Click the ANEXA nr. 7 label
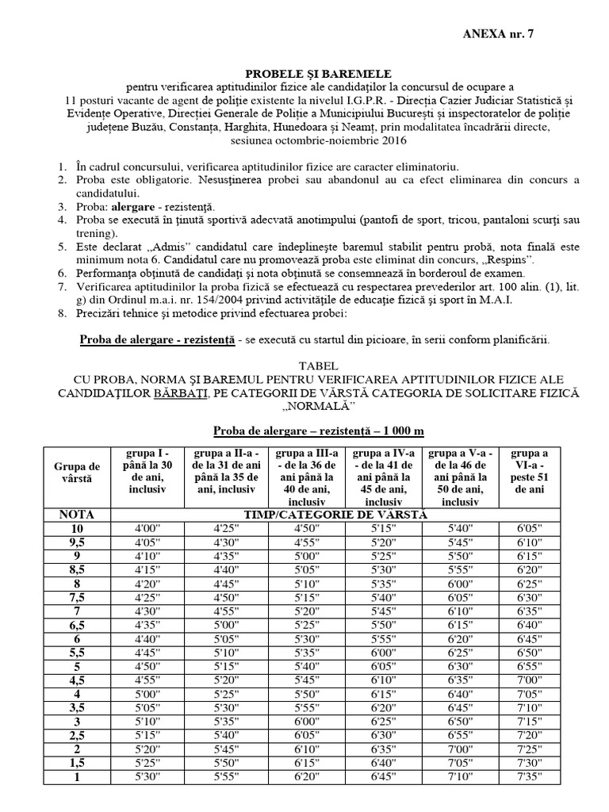(x=504, y=33)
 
